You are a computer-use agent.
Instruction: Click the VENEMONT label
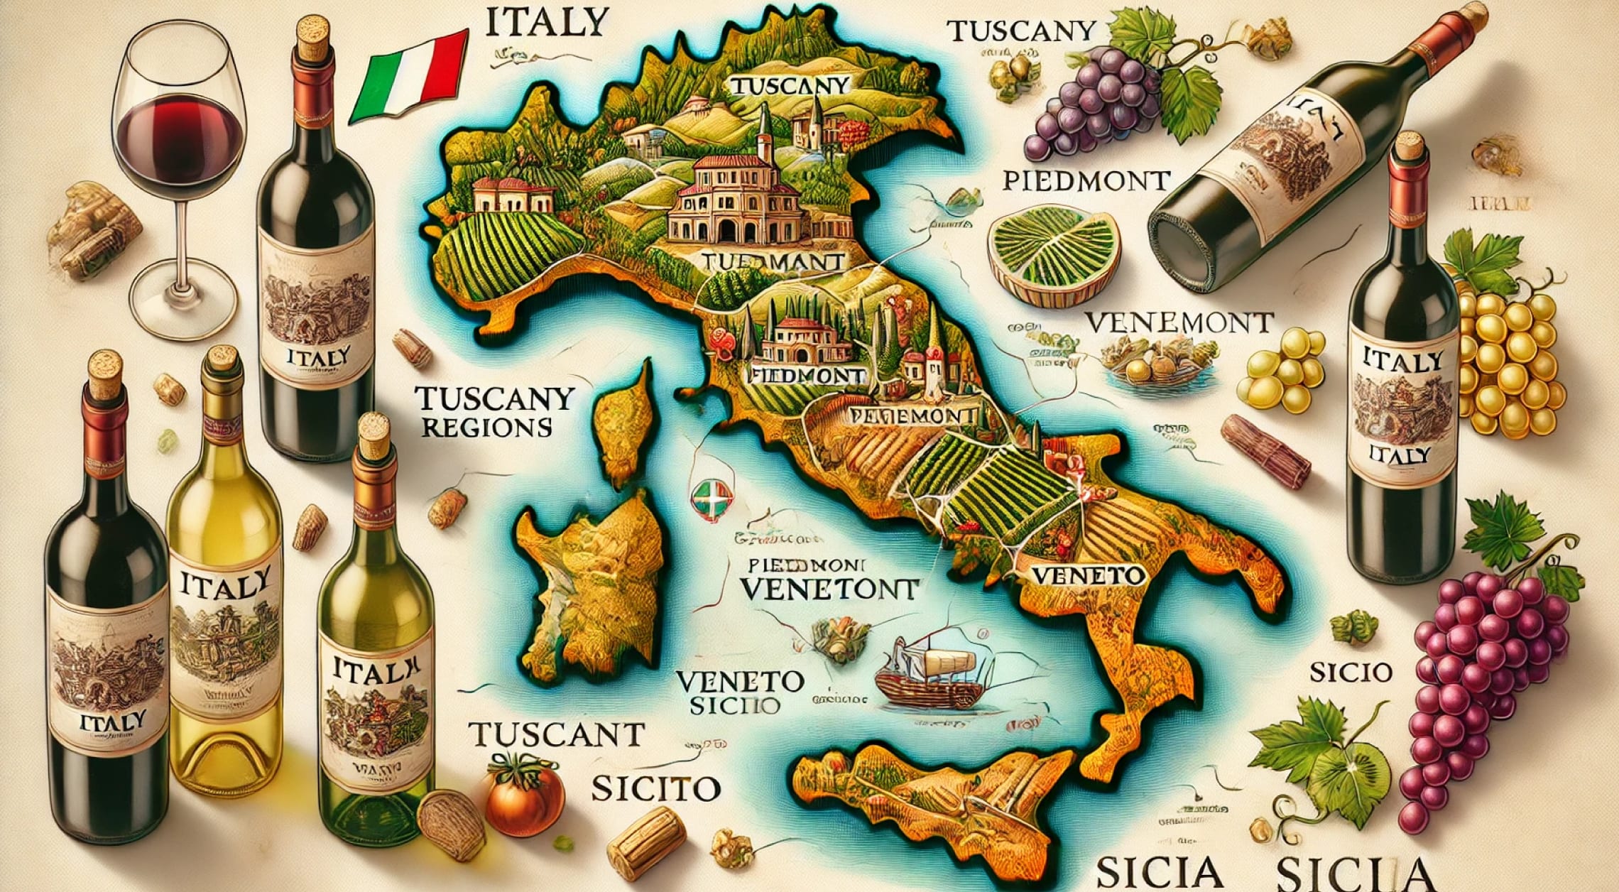pos(1179,323)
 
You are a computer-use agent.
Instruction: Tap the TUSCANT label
pos(557,734)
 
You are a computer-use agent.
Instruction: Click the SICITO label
pos(655,788)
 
